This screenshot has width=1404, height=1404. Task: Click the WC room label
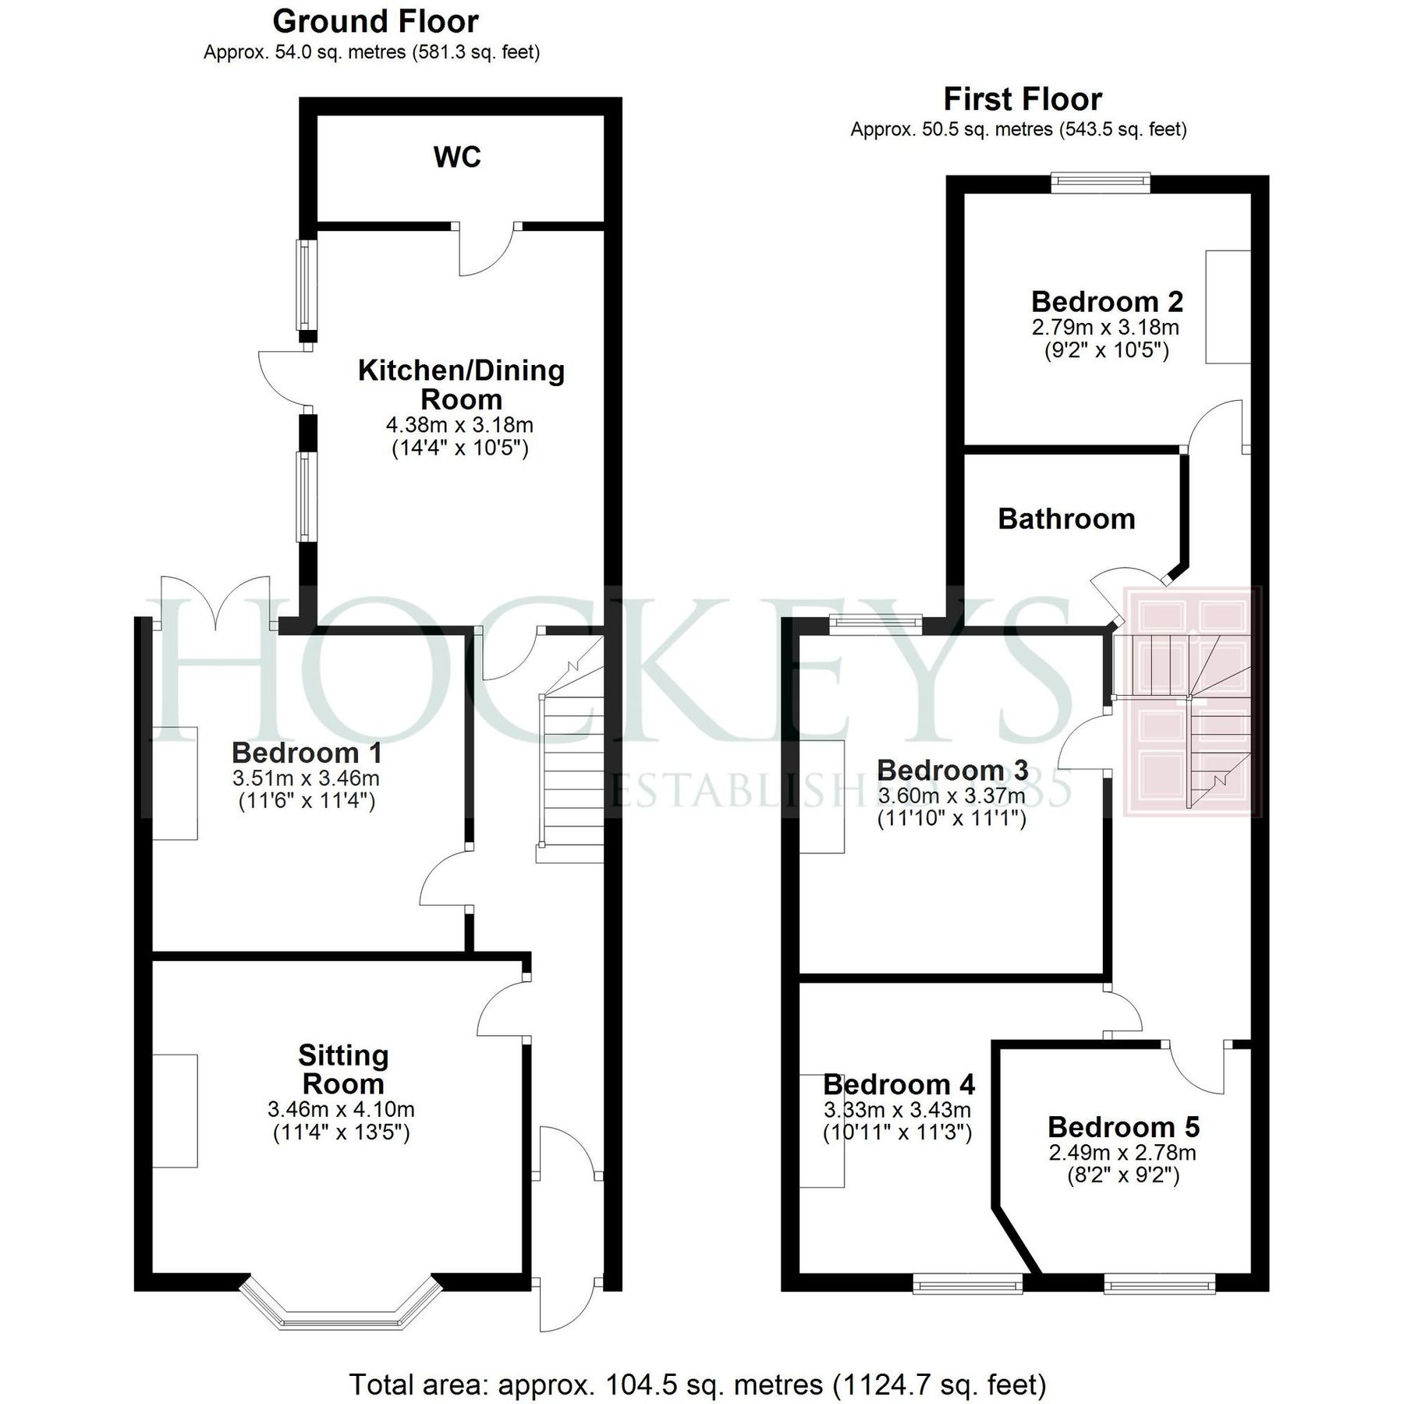pyautogui.click(x=457, y=158)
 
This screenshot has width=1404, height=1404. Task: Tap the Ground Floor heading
pyautogui.click(x=375, y=22)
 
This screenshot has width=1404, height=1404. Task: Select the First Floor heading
pyautogui.click(x=1023, y=100)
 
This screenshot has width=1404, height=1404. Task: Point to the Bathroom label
pyautogui.click(x=1066, y=519)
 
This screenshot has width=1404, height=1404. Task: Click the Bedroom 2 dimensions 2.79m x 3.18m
pyautogui.click(x=1105, y=327)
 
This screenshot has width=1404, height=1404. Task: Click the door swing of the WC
pyautogui.click(x=486, y=249)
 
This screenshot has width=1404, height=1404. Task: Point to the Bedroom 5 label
pyautogui.click(x=1123, y=1127)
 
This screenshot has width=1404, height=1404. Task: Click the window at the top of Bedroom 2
pyautogui.click(x=1101, y=183)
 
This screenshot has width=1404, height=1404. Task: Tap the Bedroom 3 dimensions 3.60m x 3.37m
pyautogui.click(x=952, y=796)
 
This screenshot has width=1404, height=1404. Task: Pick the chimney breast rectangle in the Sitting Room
pyautogui.click(x=175, y=1111)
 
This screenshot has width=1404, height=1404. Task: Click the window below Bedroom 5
pyautogui.click(x=1159, y=1284)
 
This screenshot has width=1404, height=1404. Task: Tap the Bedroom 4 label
pyautogui.click(x=899, y=1084)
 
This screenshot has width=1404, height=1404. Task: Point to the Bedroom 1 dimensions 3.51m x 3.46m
pyautogui.click(x=306, y=778)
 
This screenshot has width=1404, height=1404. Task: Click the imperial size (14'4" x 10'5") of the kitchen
pyautogui.click(x=460, y=448)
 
